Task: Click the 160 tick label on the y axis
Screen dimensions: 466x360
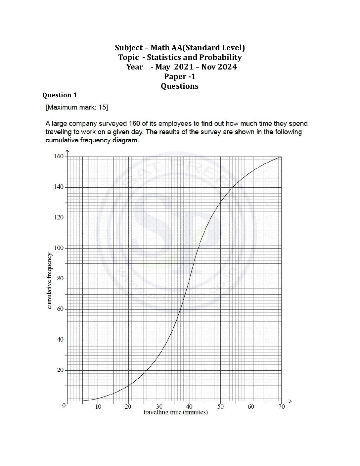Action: tap(59, 156)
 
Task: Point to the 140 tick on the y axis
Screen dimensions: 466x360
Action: tap(59, 187)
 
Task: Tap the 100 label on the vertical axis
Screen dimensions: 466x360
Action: tap(59, 248)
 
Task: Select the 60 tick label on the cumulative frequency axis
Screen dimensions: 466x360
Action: tap(60, 309)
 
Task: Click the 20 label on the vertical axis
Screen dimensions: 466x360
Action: tap(60, 370)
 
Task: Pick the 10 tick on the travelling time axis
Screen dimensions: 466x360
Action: tap(98, 407)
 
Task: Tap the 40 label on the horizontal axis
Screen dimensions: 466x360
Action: tap(190, 407)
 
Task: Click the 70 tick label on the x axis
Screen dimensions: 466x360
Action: tap(281, 407)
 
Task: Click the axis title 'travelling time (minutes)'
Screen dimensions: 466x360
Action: tap(175, 412)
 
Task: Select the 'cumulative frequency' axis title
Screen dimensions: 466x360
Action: tap(50, 281)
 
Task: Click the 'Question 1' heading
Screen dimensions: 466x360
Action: tap(60, 95)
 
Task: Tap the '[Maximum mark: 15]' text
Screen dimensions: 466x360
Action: tap(77, 107)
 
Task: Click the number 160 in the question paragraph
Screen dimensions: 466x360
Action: tap(136, 124)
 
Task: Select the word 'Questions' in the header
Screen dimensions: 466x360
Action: tap(180, 86)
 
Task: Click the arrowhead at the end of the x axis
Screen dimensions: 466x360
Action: tap(291, 401)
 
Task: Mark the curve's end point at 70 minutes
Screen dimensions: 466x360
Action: tap(281, 157)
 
